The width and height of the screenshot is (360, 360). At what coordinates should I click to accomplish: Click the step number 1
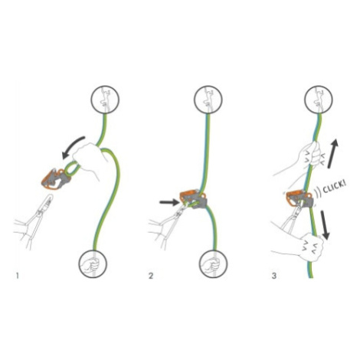coord(18,276)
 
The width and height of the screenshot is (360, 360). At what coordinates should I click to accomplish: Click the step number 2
coord(151,276)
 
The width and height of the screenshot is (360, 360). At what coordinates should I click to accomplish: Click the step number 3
coord(274,276)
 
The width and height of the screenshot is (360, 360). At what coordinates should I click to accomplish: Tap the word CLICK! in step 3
coord(335,187)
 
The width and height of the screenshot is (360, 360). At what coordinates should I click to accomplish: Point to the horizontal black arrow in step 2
coord(169,202)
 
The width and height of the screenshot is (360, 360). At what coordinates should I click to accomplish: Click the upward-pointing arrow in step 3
coord(333,153)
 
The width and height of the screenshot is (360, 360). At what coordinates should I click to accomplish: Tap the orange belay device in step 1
coord(56,178)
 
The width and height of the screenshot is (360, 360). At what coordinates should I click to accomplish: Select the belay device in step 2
coord(193,199)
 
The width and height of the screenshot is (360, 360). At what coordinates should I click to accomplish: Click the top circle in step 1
coord(105,99)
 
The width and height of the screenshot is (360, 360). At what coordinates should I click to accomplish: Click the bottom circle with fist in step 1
coord(93,264)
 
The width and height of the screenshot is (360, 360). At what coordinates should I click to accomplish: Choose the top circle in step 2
coord(208,99)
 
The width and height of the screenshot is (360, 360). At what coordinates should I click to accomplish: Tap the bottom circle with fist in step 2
coord(213,264)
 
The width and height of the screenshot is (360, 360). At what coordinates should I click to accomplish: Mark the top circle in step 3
coord(319,99)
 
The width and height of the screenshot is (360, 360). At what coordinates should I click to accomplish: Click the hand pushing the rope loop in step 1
coord(90,159)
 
